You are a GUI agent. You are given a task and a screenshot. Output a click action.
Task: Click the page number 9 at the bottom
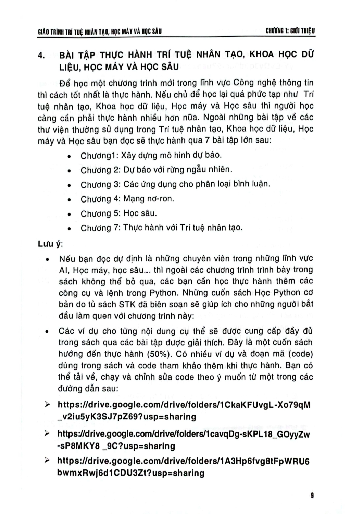click(x=312, y=495)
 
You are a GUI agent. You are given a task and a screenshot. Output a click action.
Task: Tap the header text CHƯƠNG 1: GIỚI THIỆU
click(x=290, y=32)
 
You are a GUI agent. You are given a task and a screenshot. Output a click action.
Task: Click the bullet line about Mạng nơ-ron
click(x=127, y=199)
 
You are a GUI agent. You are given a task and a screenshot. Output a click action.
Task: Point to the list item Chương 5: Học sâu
click(x=118, y=213)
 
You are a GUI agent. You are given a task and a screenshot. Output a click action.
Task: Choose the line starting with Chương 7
click(x=161, y=228)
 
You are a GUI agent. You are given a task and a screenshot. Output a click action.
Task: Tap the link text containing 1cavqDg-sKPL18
click(x=184, y=435)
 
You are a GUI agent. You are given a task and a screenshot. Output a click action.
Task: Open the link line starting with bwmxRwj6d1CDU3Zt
click(x=131, y=473)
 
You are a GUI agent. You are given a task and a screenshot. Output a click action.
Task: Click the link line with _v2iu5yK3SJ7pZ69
click(x=127, y=417)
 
